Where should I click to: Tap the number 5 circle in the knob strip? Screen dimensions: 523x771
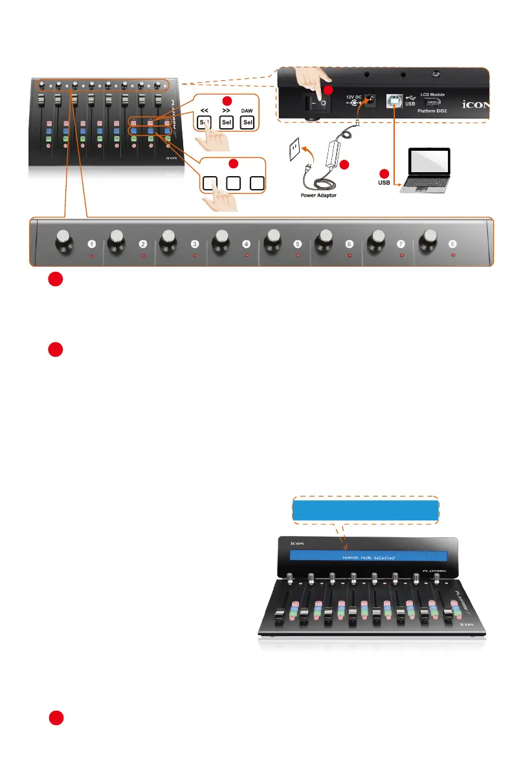[297, 245]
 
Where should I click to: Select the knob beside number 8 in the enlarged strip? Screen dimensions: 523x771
[427, 241]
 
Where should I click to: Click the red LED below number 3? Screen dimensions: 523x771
[195, 256]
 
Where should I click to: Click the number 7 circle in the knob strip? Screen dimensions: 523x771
[401, 245]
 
